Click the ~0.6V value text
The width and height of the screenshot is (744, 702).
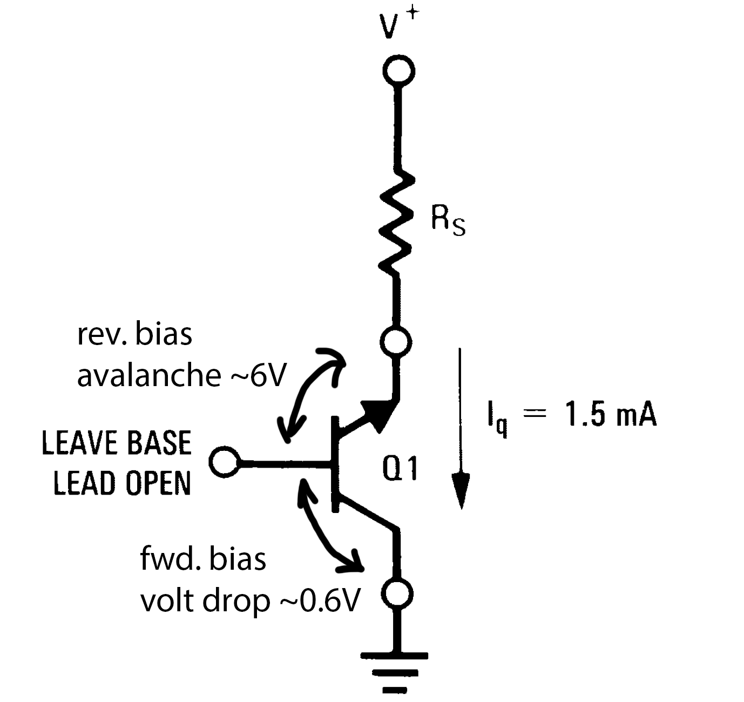pyautogui.click(x=319, y=600)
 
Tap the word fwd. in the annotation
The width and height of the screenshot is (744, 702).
pyautogui.click(x=170, y=560)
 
